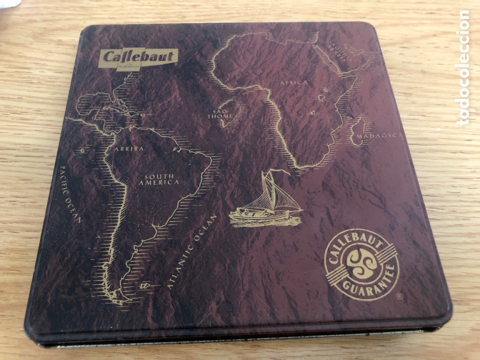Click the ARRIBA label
pos(129,149)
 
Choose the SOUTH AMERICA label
pos(159,179)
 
